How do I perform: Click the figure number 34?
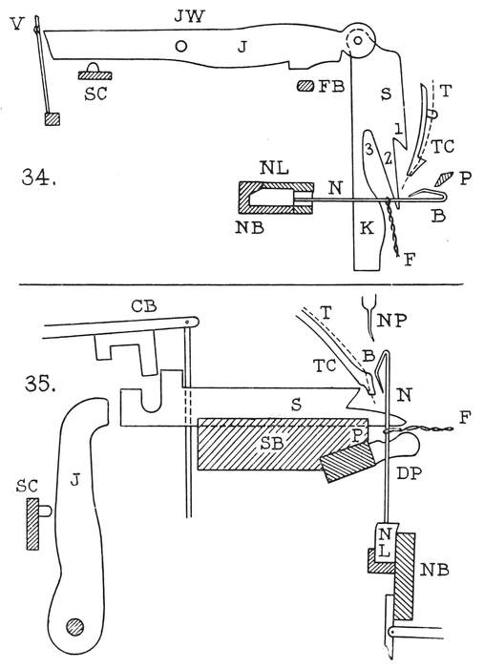tap(39, 177)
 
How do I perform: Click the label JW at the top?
tap(190, 16)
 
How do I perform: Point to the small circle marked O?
tap(181, 46)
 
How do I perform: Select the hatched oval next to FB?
tap(305, 86)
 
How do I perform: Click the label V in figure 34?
tap(17, 24)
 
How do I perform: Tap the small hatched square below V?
tap(52, 119)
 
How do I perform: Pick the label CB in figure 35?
tap(144, 306)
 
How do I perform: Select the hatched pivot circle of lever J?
tap(75, 626)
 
